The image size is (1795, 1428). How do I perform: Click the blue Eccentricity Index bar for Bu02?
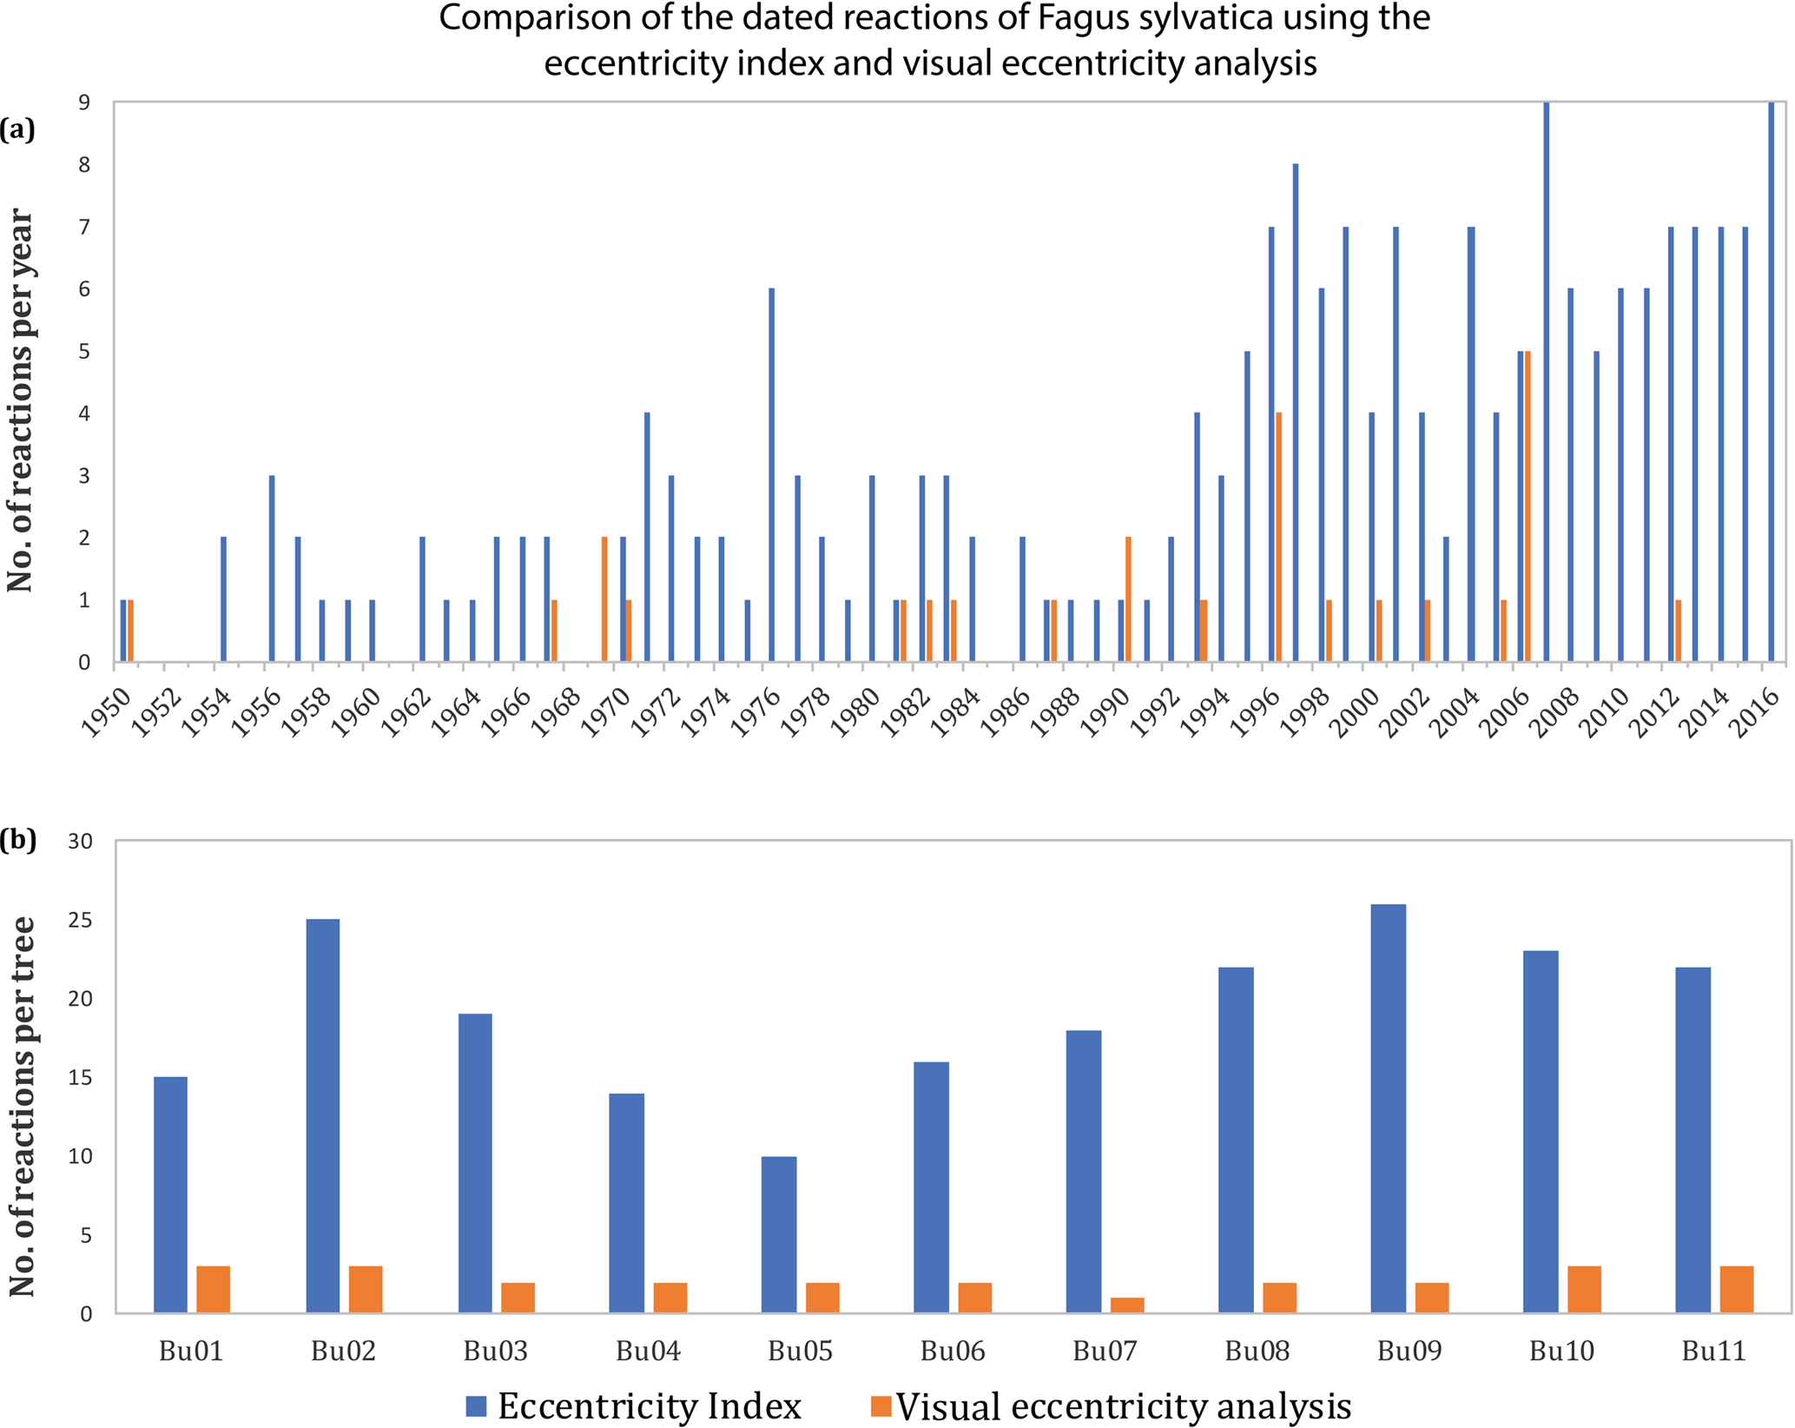(x=322, y=1115)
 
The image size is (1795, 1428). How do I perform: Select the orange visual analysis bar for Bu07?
(x=1127, y=1305)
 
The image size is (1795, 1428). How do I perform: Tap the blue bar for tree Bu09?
(x=1388, y=1108)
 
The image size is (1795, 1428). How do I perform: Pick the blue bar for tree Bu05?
(x=779, y=1234)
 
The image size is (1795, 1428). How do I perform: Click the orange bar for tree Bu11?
(x=1737, y=1289)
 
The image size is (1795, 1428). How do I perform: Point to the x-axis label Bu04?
(x=648, y=1352)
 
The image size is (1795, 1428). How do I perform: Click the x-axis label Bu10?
(x=1561, y=1352)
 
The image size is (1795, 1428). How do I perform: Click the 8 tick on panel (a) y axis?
(x=84, y=165)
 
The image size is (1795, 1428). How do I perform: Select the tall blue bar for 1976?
(x=771, y=475)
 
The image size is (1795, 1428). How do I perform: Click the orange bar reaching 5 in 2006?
(x=1528, y=506)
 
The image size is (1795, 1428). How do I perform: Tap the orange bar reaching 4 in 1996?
(x=1278, y=538)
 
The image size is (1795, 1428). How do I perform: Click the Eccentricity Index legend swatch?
(x=476, y=1405)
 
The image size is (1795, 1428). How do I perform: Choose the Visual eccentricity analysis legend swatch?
(x=881, y=1405)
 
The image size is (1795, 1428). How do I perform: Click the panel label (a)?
(x=17, y=129)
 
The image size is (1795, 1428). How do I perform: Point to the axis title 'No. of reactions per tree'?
(x=22, y=1107)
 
